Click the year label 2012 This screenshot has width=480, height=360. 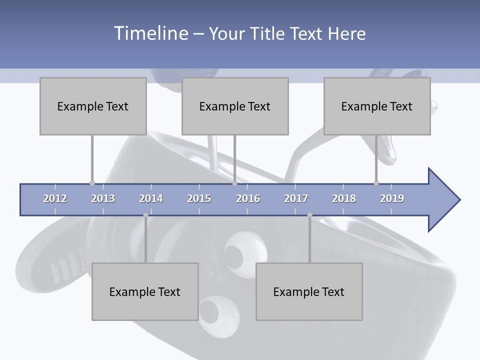pyautogui.click(x=55, y=198)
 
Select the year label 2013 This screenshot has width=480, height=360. pyautogui.click(x=103, y=198)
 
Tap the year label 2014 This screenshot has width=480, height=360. pyautogui.click(x=151, y=198)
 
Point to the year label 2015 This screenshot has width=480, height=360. pyautogui.click(x=199, y=198)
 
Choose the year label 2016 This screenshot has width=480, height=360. pyautogui.click(x=248, y=198)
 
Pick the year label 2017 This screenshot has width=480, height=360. pyautogui.click(x=296, y=198)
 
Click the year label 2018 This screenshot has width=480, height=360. pyautogui.click(x=344, y=198)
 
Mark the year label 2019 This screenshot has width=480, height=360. pyautogui.click(x=392, y=198)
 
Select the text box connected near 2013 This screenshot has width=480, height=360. pyautogui.click(x=93, y=106)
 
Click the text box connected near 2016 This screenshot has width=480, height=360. pyautogui.click(x=235, y=106)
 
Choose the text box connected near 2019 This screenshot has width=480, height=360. pyautogui.click(x=377, y=106)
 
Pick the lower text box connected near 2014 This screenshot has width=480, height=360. pyautogui.click(x=145, y=291)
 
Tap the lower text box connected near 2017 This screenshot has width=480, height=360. pyautogui.click(x=309, y=291)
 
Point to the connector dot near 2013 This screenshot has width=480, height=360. pyautogui.click(x=92, y=183)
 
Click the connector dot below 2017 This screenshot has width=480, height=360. pyautogui.click(x=309, y=215)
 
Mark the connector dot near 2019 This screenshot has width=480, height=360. pyautogui.click(x=376, y=183)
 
